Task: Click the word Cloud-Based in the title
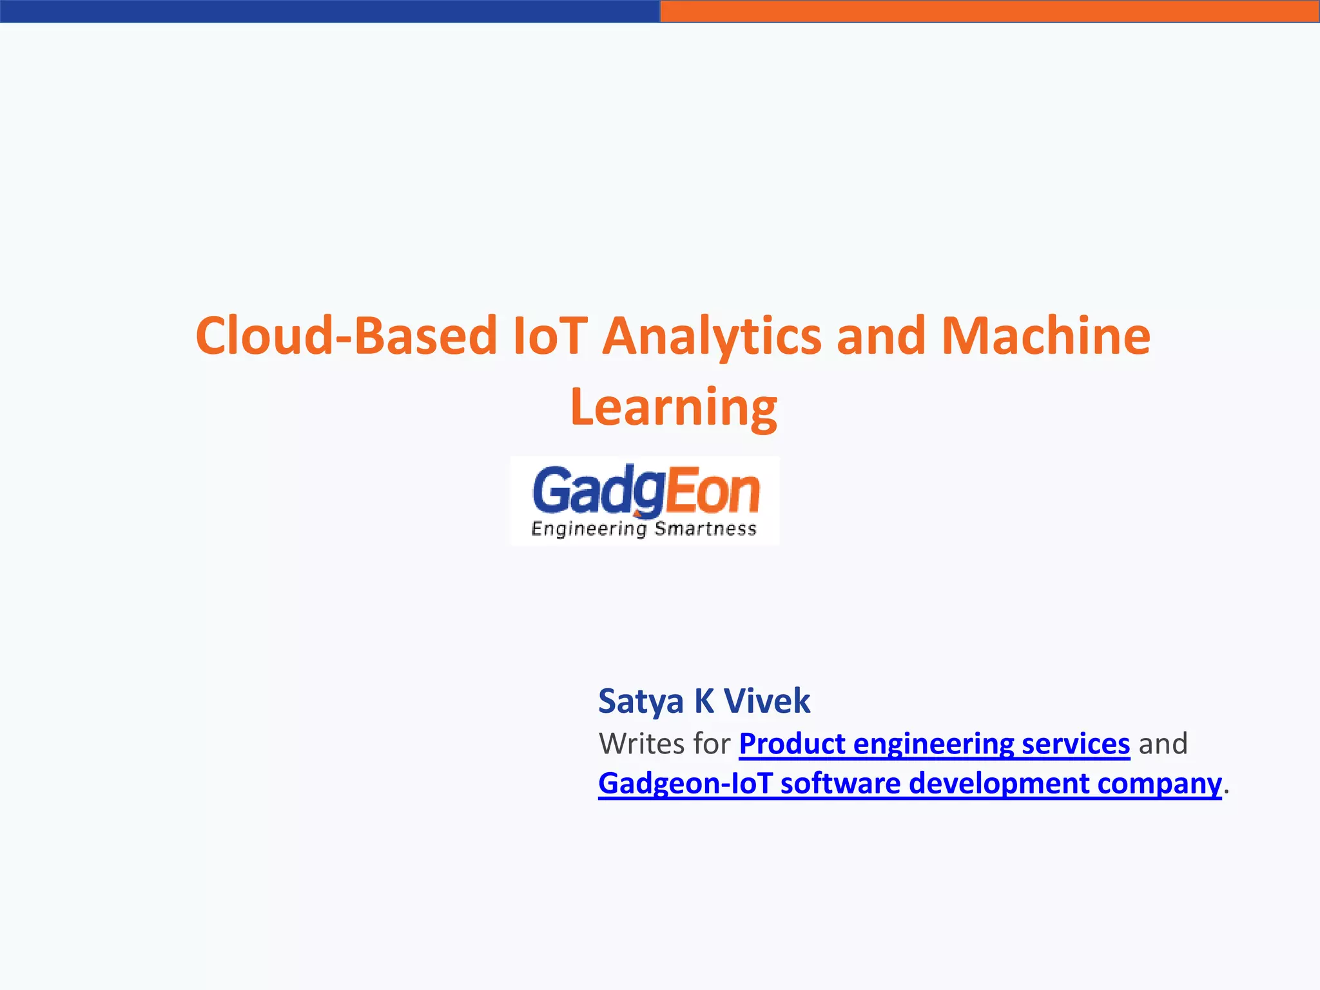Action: point(346,336)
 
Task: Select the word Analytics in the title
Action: point(712,336)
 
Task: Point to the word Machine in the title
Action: point(1045,336)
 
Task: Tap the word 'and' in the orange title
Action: point(881,336)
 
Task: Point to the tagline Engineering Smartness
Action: point(643,529)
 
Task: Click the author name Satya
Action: point(641,701)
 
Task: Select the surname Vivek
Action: point(766,701)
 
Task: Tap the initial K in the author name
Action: point(703,701)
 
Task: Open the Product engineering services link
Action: point(934,744)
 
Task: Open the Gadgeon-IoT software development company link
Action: point(909,784)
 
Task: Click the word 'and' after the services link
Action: point(1163,744)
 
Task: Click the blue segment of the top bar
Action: point(330,11)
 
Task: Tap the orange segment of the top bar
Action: point(990,11)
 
